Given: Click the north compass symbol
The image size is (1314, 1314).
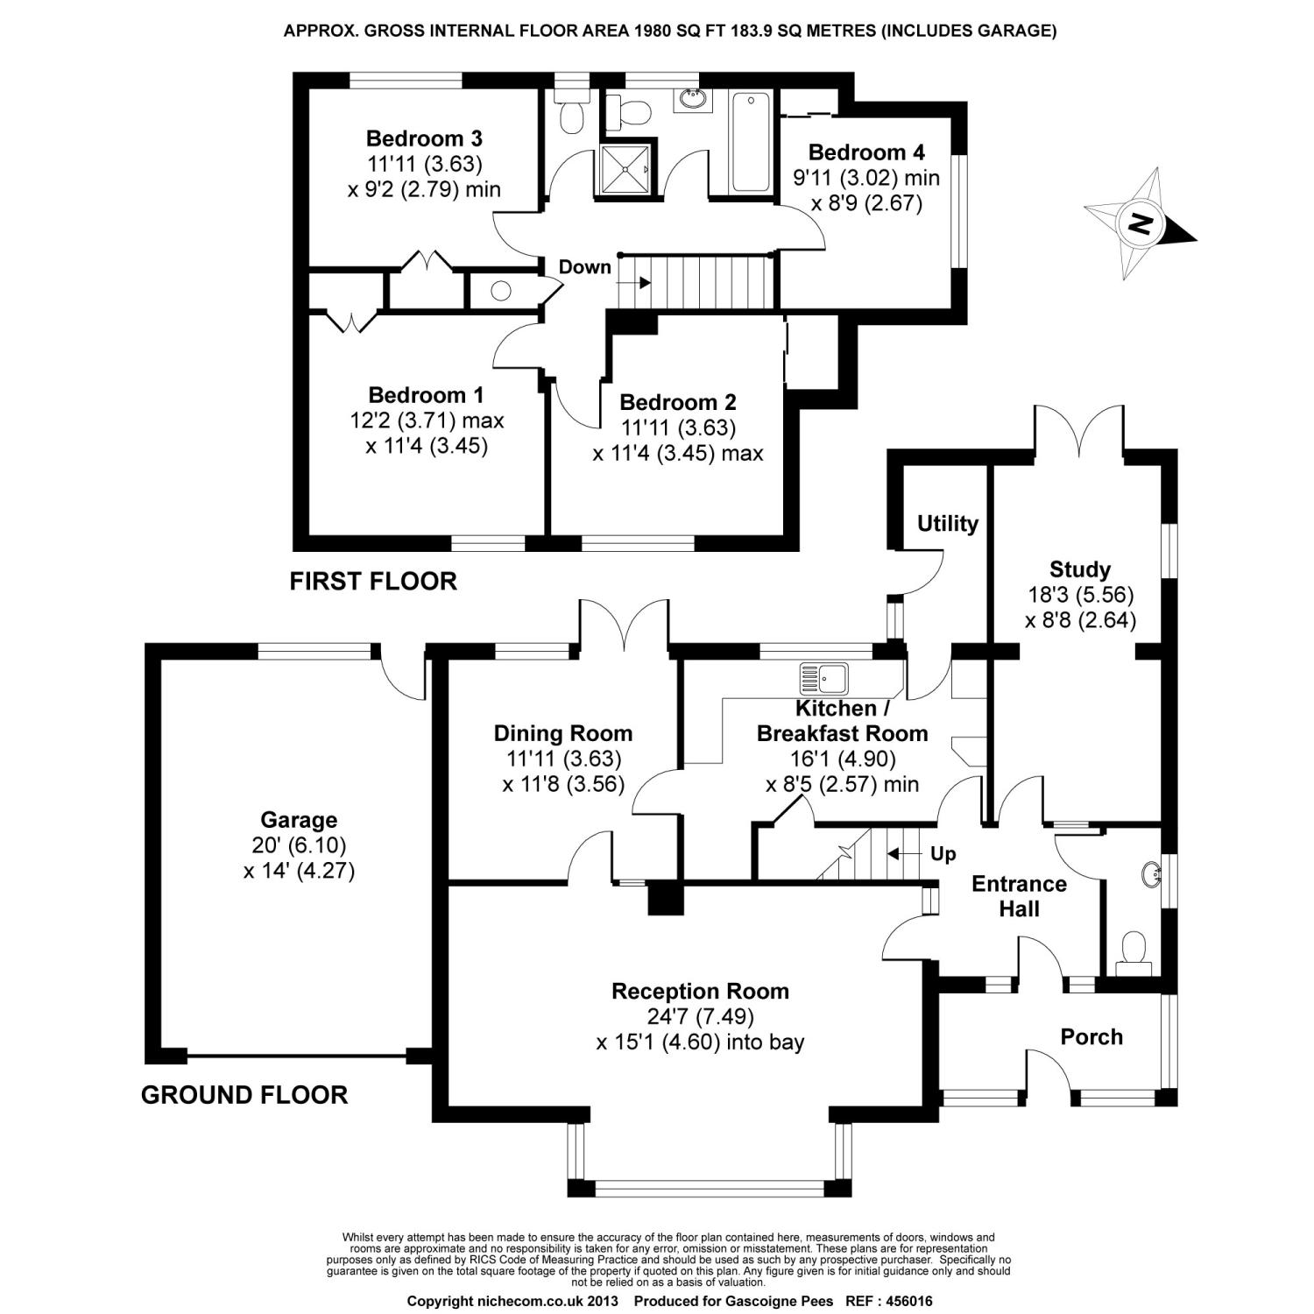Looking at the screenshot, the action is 1139,224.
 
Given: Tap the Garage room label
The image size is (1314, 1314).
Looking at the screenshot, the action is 299,821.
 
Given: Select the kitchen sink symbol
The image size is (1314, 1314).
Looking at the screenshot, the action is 823,677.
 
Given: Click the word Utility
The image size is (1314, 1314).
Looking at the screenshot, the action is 947,524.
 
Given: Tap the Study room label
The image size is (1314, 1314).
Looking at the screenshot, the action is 1079,569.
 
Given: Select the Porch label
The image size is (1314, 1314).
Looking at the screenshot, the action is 1091,1037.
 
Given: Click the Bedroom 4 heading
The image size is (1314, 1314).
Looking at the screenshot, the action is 865,152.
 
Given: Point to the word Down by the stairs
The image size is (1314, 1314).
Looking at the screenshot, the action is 584,267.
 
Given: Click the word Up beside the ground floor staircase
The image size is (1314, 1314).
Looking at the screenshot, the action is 943,854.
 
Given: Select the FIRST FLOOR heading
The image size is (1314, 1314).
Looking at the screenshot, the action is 373,581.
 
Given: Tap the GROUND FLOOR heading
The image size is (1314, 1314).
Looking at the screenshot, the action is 244,1095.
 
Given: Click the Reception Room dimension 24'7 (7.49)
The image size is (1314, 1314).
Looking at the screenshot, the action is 700,1017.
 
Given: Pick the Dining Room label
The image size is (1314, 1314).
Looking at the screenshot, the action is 562,733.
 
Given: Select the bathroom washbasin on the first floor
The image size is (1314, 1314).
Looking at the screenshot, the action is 692,99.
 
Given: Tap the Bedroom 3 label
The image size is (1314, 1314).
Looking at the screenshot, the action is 424,138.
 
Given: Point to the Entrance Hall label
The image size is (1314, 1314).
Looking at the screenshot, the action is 1019,896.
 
